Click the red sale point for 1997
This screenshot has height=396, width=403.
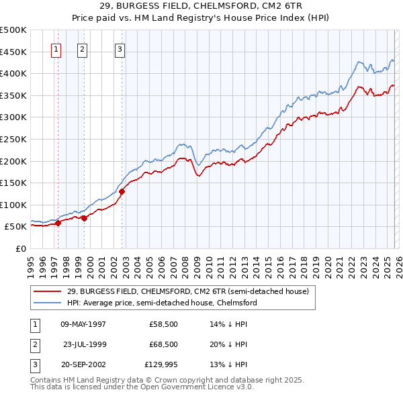[x=58, y=224]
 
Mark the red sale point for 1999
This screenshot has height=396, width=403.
[x=85, y=219]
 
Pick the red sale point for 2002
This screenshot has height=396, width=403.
[x=122, y=192]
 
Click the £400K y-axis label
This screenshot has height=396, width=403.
[x=13, y=73]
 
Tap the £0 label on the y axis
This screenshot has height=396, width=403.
[x=21, y=248]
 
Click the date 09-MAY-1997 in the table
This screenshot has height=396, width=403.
[x=83, y=324]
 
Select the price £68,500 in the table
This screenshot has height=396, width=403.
[x=163, y=344]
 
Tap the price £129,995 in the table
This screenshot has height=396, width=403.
[x=161, y=364]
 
